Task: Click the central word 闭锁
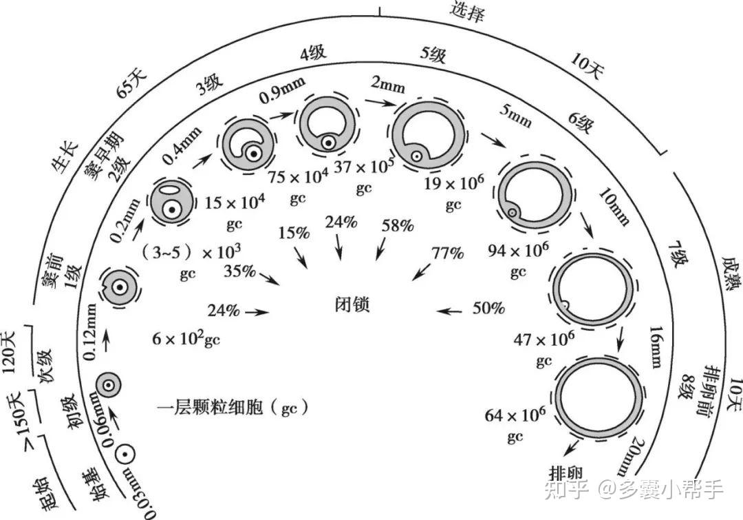click(x=352, y=304)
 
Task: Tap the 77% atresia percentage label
click(x=447, y=253)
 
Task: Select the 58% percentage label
click(x=398, y=225)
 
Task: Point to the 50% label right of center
click(x=488, y=309)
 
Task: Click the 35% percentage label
click(x=240, y=271)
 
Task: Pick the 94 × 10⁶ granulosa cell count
click(x=519, y=250)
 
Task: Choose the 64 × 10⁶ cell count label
click(x=515, y=415)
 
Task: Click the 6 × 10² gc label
click(x=186, y=338)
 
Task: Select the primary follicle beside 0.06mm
click(x=108, y=385)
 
